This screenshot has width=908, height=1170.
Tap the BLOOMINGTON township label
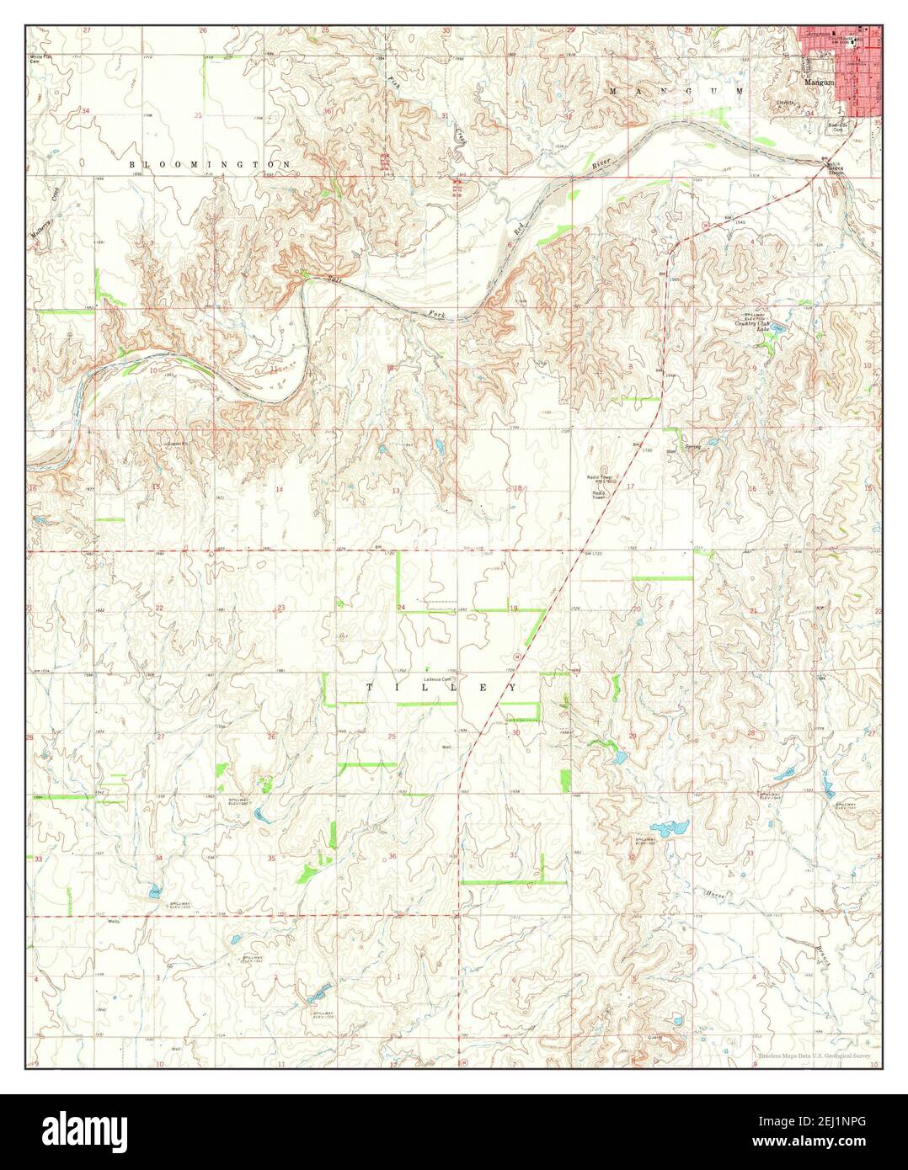point(211,164)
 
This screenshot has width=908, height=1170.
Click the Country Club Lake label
point(753,325)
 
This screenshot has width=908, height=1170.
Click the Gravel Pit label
point(174,442)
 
